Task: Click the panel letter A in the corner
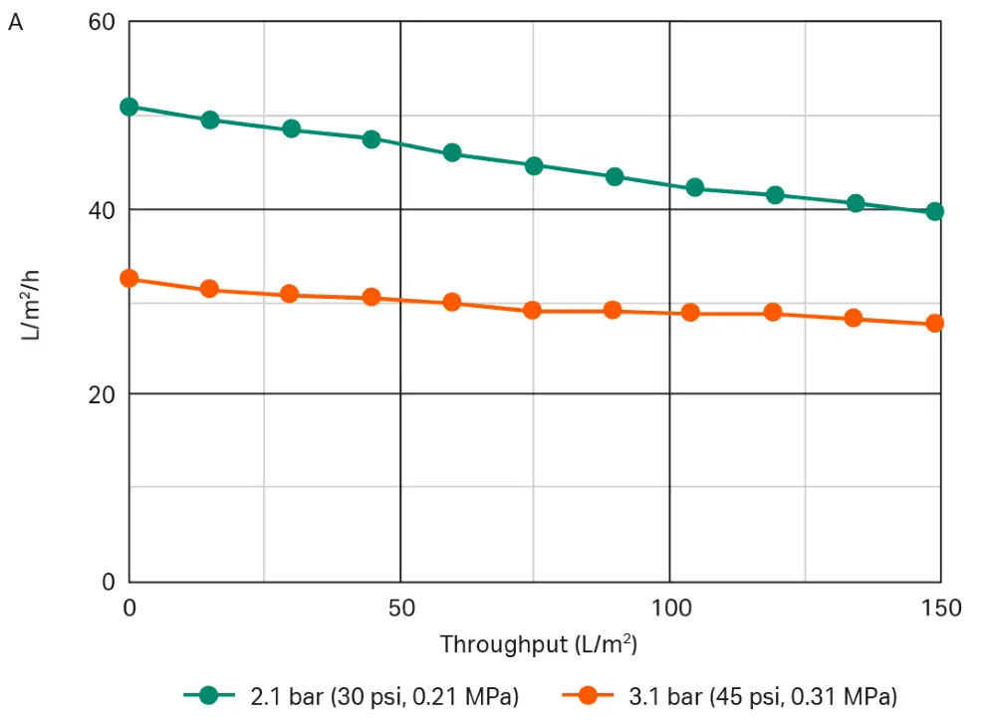15,23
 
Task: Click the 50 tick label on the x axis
399,607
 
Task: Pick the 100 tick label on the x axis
669,607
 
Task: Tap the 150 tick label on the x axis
940,607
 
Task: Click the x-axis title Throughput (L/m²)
538,644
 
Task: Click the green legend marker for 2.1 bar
208,696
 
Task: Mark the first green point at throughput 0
128,107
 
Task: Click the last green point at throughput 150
934,211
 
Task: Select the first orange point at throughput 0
128,279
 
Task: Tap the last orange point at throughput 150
934,323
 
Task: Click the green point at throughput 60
451,152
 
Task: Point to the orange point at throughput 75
532,311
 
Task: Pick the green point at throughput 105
694,187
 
